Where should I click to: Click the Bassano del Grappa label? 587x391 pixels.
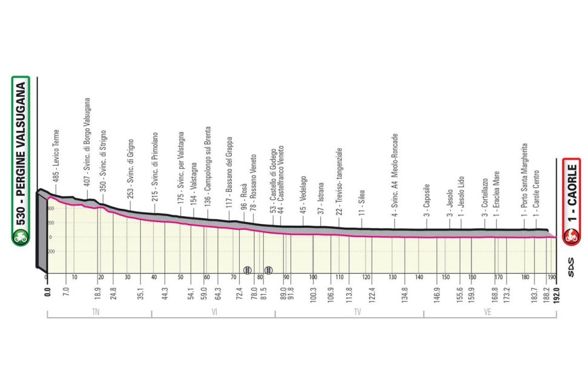(229, 170)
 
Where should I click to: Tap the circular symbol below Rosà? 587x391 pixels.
(247, 269)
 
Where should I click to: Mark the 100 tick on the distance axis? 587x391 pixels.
(313, 278)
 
